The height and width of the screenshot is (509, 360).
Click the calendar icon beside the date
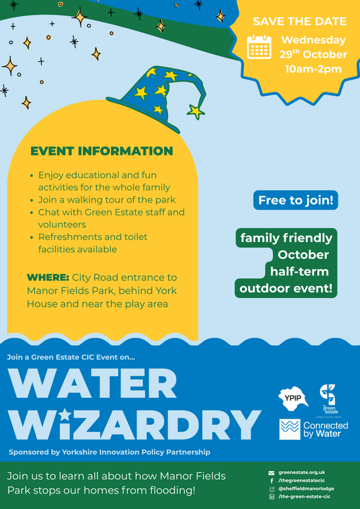259,47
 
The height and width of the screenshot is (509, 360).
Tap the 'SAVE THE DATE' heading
299,21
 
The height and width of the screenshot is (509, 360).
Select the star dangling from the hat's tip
196,112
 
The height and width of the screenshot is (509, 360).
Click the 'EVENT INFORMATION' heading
102,152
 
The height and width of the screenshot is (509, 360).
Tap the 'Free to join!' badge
296,201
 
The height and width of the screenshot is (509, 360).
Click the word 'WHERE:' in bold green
47,278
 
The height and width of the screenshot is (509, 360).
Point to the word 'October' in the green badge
303,255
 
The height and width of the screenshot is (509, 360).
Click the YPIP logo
293,399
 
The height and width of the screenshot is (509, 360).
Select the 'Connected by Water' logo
314,429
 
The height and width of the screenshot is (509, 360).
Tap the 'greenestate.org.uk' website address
301,472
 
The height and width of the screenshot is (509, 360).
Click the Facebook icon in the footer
271,481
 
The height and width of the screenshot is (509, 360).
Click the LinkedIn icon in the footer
272,497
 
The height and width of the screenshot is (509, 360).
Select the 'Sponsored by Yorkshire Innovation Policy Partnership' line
109,452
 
